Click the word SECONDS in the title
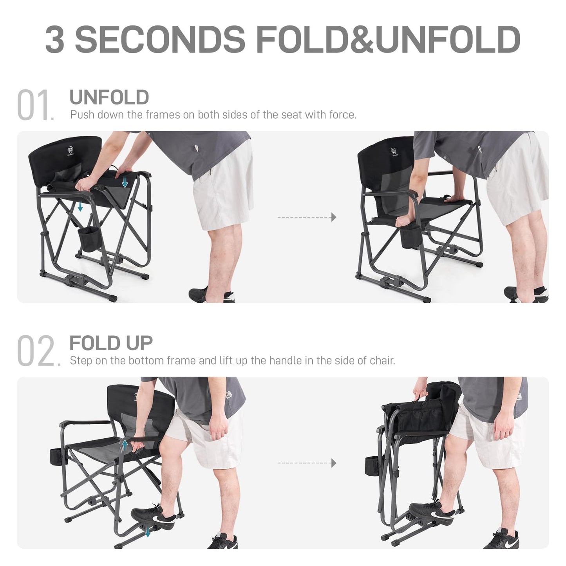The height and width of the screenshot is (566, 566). click(x=160, y=39)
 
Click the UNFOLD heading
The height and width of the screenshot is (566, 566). click(x=109, y=98)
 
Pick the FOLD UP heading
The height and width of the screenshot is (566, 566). click(x=111, y=344)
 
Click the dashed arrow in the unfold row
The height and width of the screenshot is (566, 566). click(x=307, y=217)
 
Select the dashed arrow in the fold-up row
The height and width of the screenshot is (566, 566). click(x=307, y=463)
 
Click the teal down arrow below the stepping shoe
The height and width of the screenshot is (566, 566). click(x=147, y=532)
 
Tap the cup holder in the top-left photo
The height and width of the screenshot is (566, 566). click(x=90, y=240)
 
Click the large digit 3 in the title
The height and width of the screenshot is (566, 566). click(x=55, y=39)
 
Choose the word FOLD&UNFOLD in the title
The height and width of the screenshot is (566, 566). click(x=388, y=39)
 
